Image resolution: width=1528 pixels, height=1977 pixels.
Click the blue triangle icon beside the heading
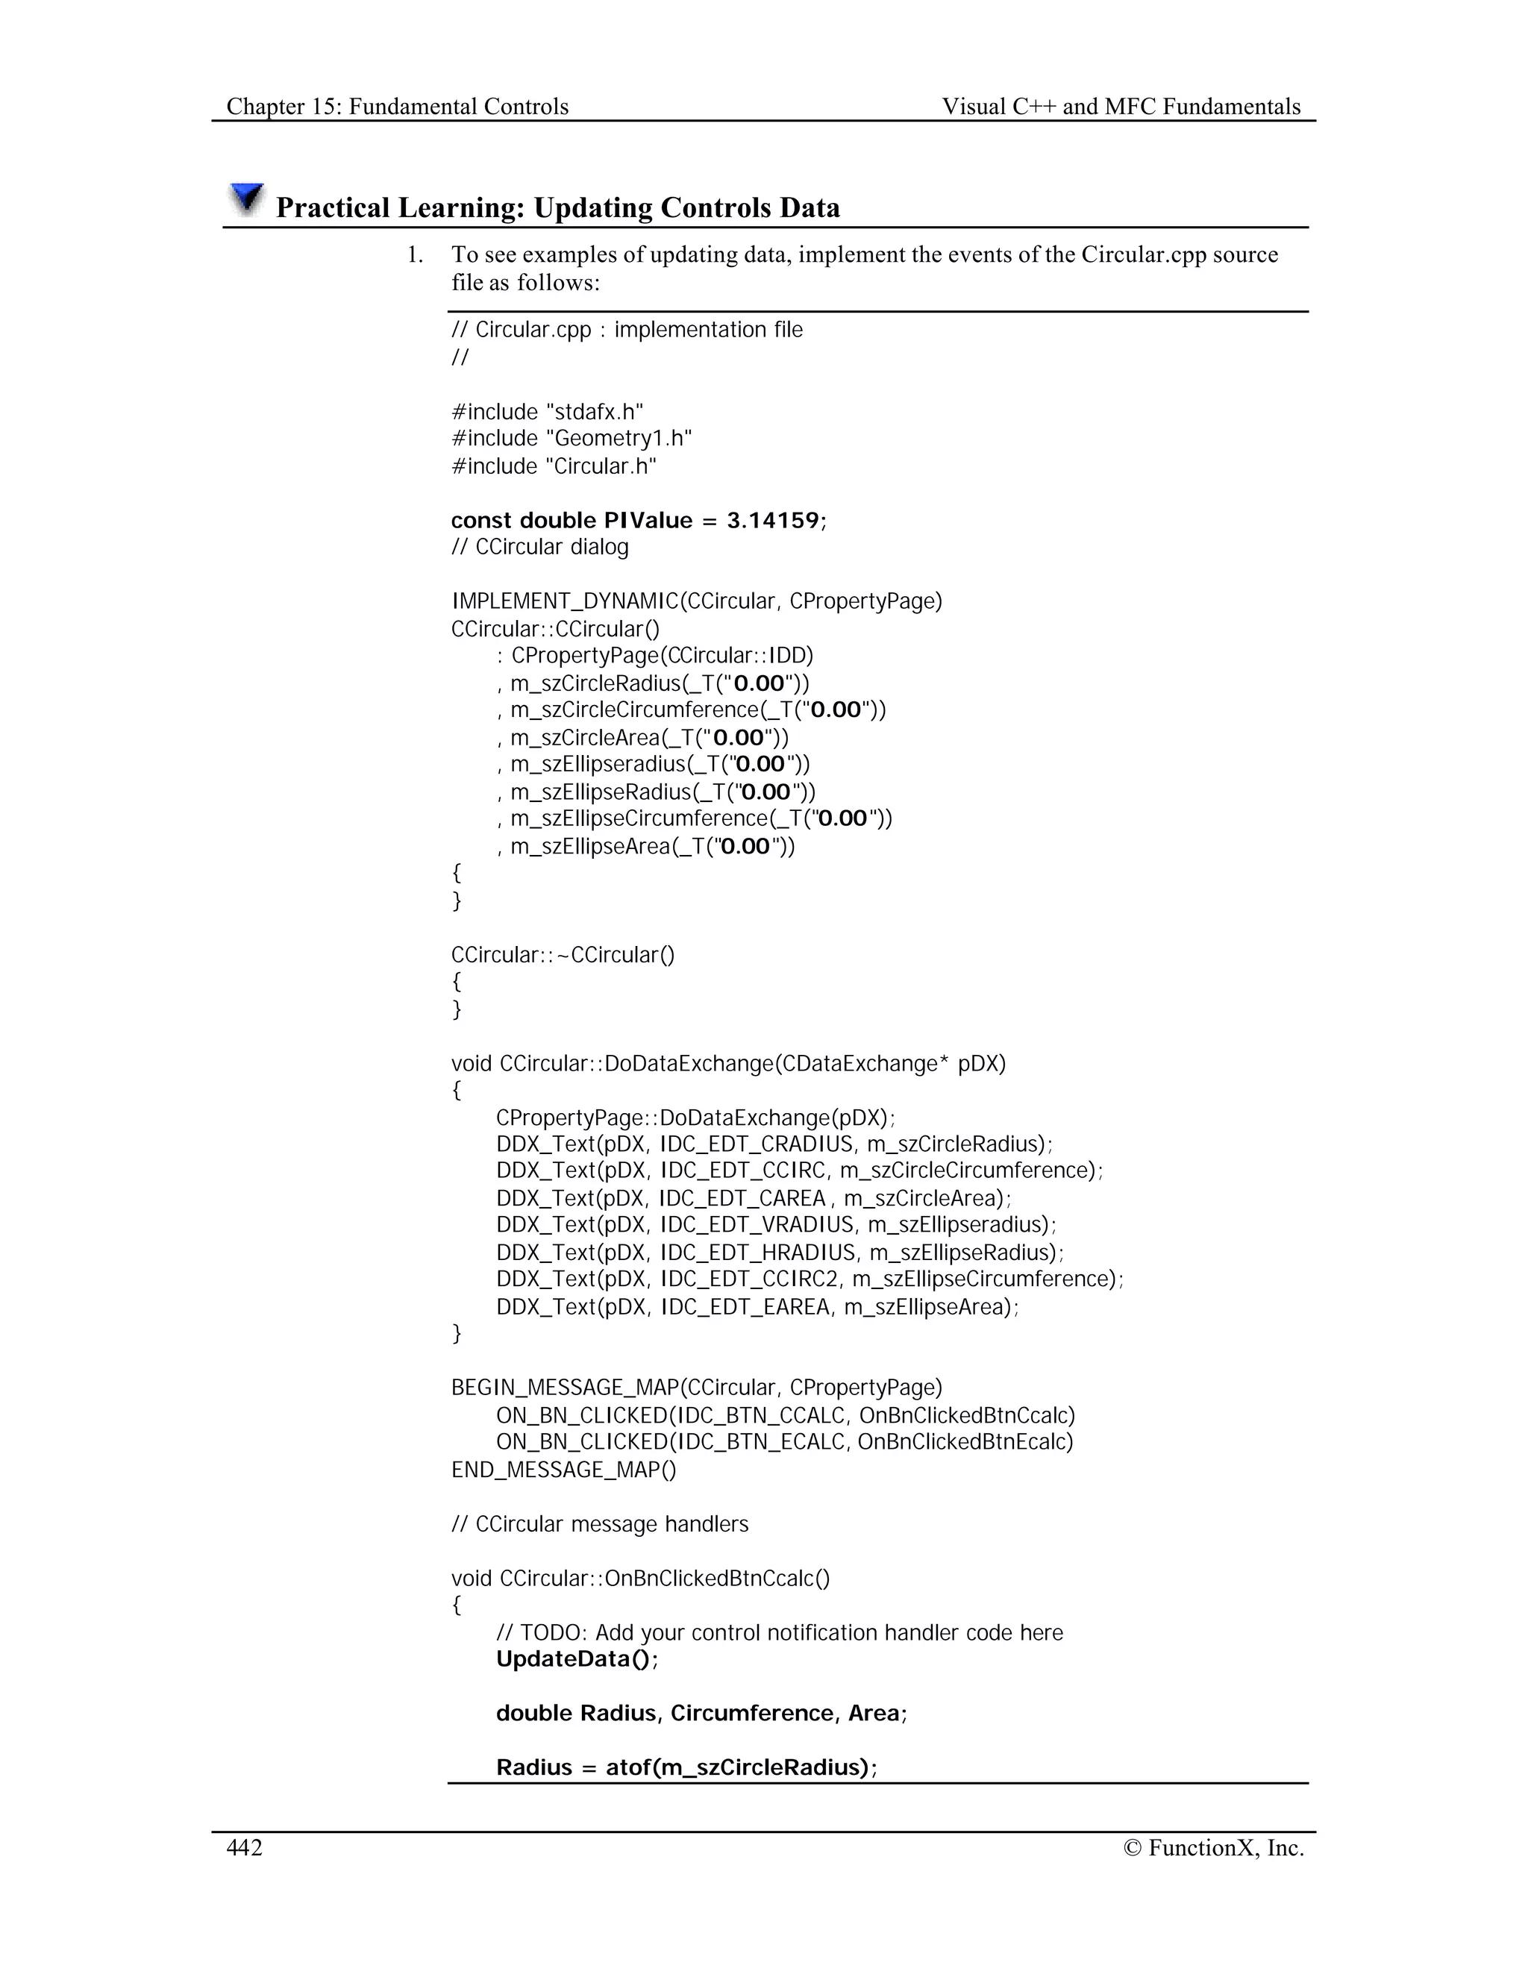click(245, 198)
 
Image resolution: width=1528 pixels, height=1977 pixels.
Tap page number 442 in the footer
click(245, 1847)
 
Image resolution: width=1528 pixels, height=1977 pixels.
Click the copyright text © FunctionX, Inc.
click(1213, 1847)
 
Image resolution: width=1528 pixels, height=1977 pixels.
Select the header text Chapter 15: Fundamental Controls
click(398, 107)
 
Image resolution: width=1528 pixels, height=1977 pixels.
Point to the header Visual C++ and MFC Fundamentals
click(1121, 107)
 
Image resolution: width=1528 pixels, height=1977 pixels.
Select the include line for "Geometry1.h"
click(572, 439)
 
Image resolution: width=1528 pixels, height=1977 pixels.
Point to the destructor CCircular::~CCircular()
click(563, 955)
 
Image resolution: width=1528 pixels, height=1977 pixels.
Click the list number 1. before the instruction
click(415, 255)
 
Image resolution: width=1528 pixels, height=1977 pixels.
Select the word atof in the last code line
click(628, 1768)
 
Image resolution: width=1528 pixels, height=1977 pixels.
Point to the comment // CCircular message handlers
click(599, 1524)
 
